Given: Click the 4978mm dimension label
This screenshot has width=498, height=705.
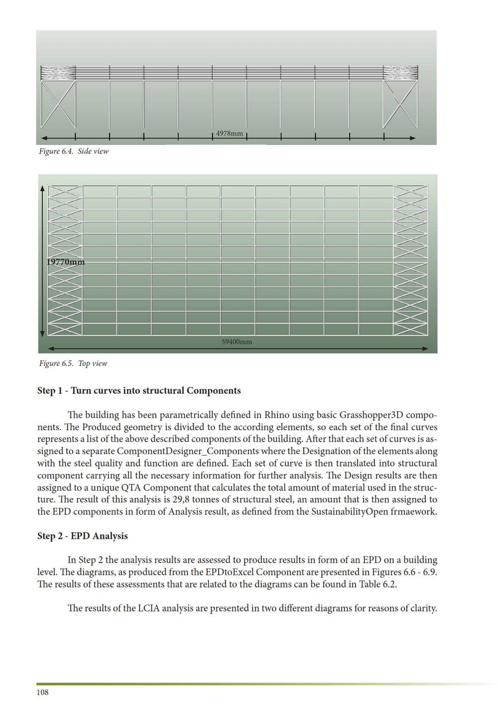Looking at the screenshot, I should tap(230, 133).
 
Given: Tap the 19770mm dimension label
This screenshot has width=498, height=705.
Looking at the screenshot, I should tap(66, 262).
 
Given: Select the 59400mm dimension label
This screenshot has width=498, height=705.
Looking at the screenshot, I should tap(237, 342).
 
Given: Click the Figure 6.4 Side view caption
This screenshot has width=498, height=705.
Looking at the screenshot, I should tap(74, 151).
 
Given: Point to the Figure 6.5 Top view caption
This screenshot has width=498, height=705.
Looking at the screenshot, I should tap(73, 363).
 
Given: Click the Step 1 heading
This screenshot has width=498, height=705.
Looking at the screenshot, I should tap(139, 391).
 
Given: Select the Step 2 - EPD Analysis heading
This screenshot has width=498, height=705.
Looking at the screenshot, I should tap(83, 536).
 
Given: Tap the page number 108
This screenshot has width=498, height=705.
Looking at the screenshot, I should tap(42, 692).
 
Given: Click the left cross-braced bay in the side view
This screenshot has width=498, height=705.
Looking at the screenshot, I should tap(58, 105).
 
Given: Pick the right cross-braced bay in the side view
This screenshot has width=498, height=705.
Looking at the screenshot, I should tap(400, 105).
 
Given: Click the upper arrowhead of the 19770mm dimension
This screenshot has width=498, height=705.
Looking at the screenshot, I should tap(42, 188).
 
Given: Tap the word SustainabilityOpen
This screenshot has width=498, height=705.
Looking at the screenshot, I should tap(350, 512).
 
